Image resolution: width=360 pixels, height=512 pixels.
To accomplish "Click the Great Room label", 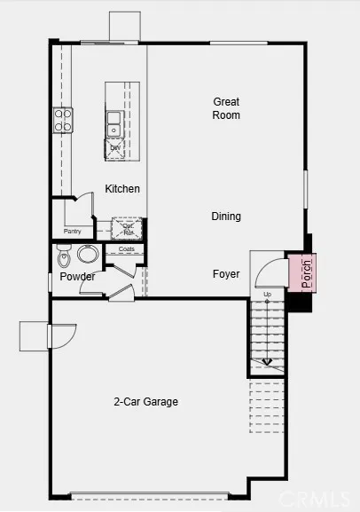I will [226, 108].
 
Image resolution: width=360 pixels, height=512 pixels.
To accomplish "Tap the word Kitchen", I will [122, 189].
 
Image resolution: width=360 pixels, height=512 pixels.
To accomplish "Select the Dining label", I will [226, 217].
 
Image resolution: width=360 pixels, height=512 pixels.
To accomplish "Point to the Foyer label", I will [226, 274].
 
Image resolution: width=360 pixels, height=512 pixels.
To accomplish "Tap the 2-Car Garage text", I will [146, 402].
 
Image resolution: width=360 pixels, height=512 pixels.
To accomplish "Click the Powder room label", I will [77, 277].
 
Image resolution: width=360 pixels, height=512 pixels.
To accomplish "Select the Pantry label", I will [73, 232].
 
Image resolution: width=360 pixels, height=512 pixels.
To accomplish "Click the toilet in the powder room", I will [63, 258].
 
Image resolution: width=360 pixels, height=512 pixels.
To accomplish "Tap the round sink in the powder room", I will [88, 256].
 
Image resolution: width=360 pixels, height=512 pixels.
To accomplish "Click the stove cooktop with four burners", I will [63, 120].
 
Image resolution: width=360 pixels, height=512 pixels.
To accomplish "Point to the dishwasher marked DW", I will [115, 147].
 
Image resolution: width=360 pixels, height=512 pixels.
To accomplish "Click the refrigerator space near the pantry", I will [128, 228].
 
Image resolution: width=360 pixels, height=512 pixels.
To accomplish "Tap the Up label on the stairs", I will [267, 294].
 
